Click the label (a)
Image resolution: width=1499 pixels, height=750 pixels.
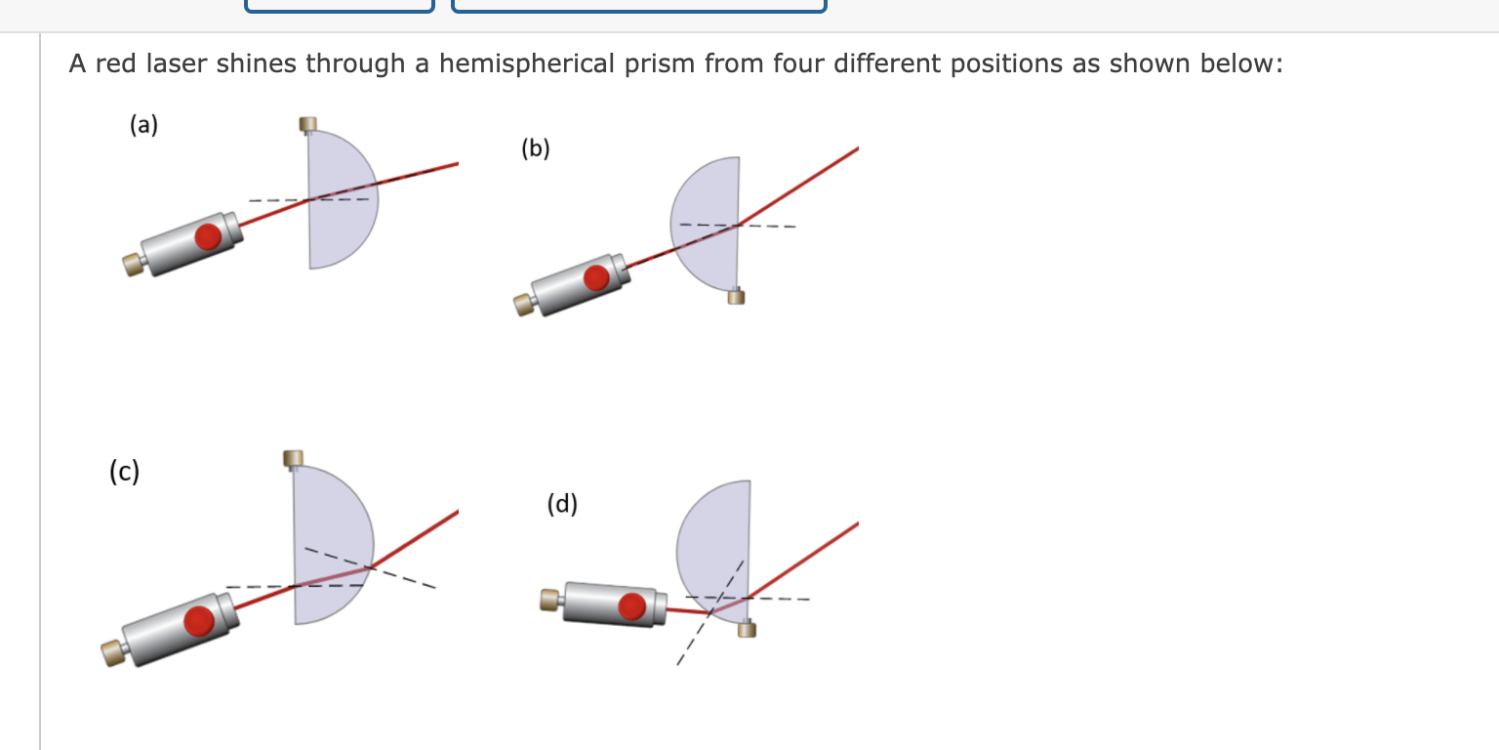[x=143, y=125]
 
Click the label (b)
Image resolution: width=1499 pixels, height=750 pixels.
[x=536, y=148]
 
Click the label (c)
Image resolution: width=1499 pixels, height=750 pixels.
[x=124, y=473]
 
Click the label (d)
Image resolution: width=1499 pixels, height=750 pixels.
[x=562, y=504]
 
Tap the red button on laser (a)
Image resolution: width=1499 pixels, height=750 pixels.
[x=207, y=237]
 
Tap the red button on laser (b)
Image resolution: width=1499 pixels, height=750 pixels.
[x=596, y=278]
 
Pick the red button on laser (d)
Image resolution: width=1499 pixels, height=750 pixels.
[x=632, y=606]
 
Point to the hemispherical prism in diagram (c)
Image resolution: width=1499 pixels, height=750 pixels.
[x=329, y=547]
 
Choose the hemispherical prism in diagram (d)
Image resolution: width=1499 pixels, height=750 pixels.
[x=718, y=547]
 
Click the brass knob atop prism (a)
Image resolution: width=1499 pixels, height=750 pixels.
[x=308, y=124]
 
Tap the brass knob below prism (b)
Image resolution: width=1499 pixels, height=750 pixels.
[x=736, y=296]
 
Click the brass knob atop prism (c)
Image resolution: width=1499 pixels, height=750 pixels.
[x=293, y=457]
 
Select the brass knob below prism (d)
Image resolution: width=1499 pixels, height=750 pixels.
[x=747, y=628]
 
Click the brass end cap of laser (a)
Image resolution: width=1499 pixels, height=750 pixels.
[x=132, y=264]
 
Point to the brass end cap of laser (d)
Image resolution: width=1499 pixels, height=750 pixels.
[x=550, y=599]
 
